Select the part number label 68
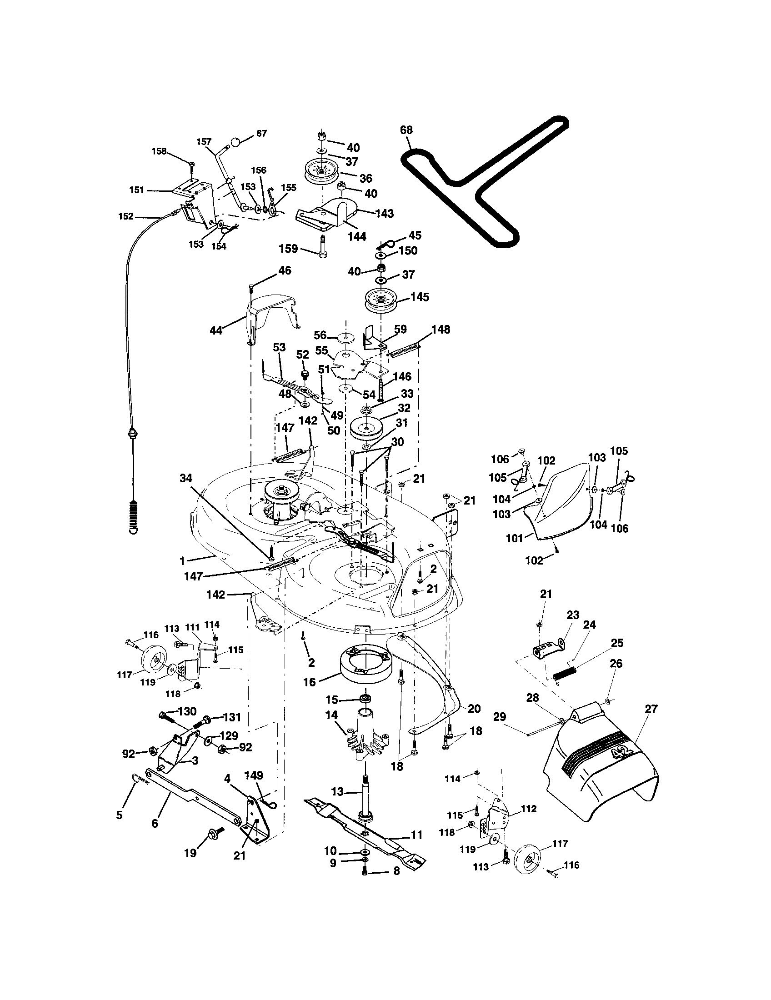click(x=406, y=130)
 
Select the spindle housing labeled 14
click(x=366, y=735)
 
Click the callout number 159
click(x=289, y=249)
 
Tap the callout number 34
click(x=186, y=478)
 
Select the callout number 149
click(x=254, y=775)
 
